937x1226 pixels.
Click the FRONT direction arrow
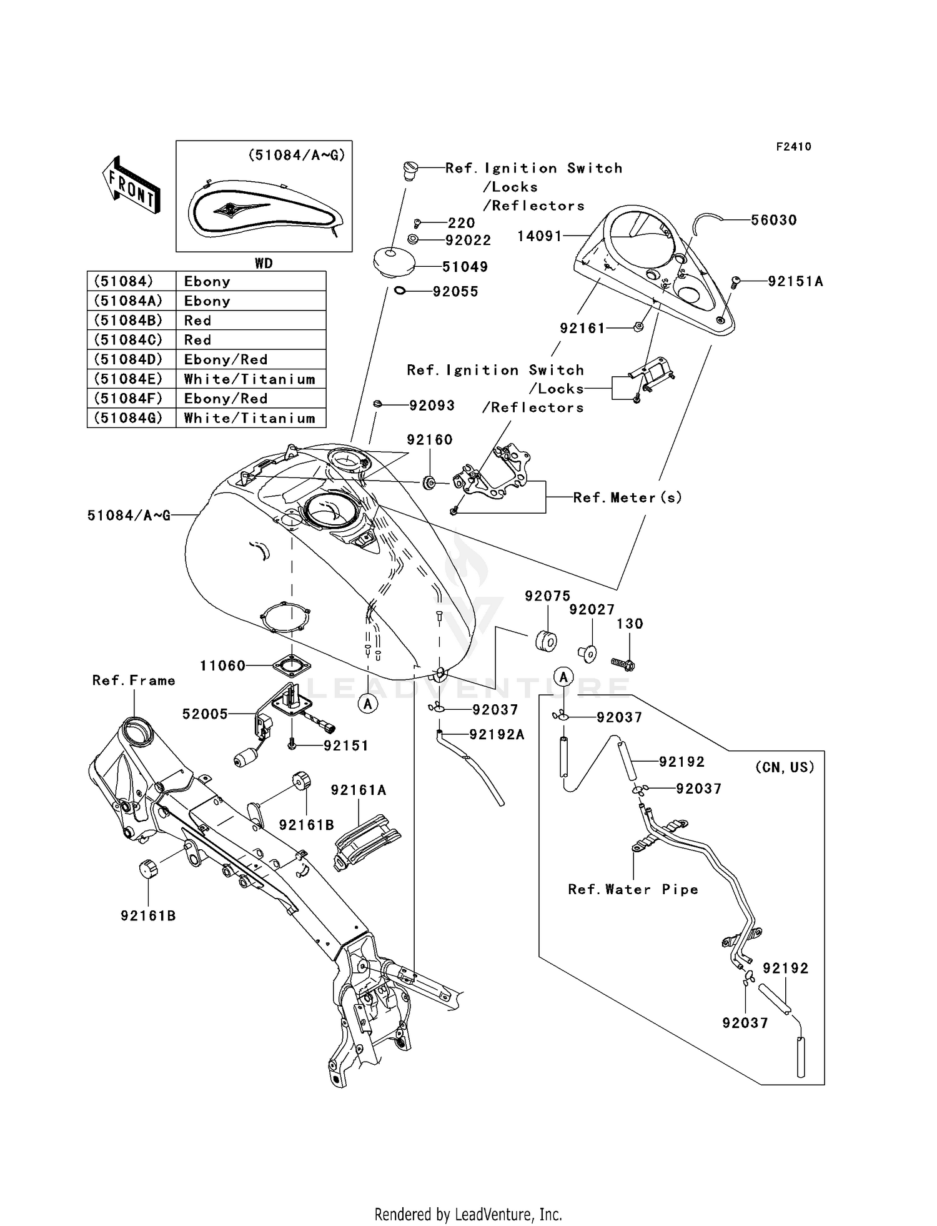(x=131, y=186)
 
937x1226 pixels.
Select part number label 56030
(x=773, y=220)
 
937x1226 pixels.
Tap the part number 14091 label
(x=539, y=236)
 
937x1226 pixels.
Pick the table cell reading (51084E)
(x=128, y=379)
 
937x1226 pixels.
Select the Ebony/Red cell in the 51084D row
(x=226, y=359)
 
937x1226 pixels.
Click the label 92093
(x=432, y=406)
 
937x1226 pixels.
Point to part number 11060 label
(x=222, y=666)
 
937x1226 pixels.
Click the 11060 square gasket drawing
(x=292, y=667)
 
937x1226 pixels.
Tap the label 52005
(x=205, y=714)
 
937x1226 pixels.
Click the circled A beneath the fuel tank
(x=368, y=704)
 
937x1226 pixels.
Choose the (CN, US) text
(x=785, y=767)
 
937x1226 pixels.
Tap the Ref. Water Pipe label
(x=633, y=889)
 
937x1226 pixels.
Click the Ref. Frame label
(x=134, y=680)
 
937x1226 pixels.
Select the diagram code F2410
(x=793, y=147)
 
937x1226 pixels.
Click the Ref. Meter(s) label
(x=627, y=497)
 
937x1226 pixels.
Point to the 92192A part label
(x=497, y=735)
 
